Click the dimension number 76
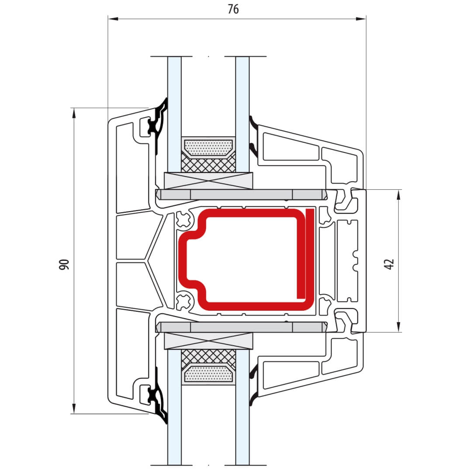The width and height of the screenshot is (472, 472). [x=233, y=9]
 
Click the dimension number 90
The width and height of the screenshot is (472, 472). [x=64, y=264]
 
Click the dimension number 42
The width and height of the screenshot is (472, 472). [x=389, y=264]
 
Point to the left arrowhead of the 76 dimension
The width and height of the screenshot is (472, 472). [x=113, y=19]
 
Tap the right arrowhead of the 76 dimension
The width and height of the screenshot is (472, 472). [x=361, y=19]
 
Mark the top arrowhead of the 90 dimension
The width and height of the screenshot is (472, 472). [x=74, y=113]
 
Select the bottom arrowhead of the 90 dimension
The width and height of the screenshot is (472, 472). [x=74, y=409]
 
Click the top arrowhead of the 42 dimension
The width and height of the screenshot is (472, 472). [x=399, y=195]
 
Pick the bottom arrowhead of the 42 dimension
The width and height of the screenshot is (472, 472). [x=399, y=327]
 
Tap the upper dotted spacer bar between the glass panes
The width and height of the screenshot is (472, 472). [x=208, y=147]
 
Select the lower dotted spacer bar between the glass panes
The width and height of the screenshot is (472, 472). [x=208, y=374]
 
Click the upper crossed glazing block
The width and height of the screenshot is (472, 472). [x=208, y=181]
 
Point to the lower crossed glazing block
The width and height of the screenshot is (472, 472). [x=208, y=341]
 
